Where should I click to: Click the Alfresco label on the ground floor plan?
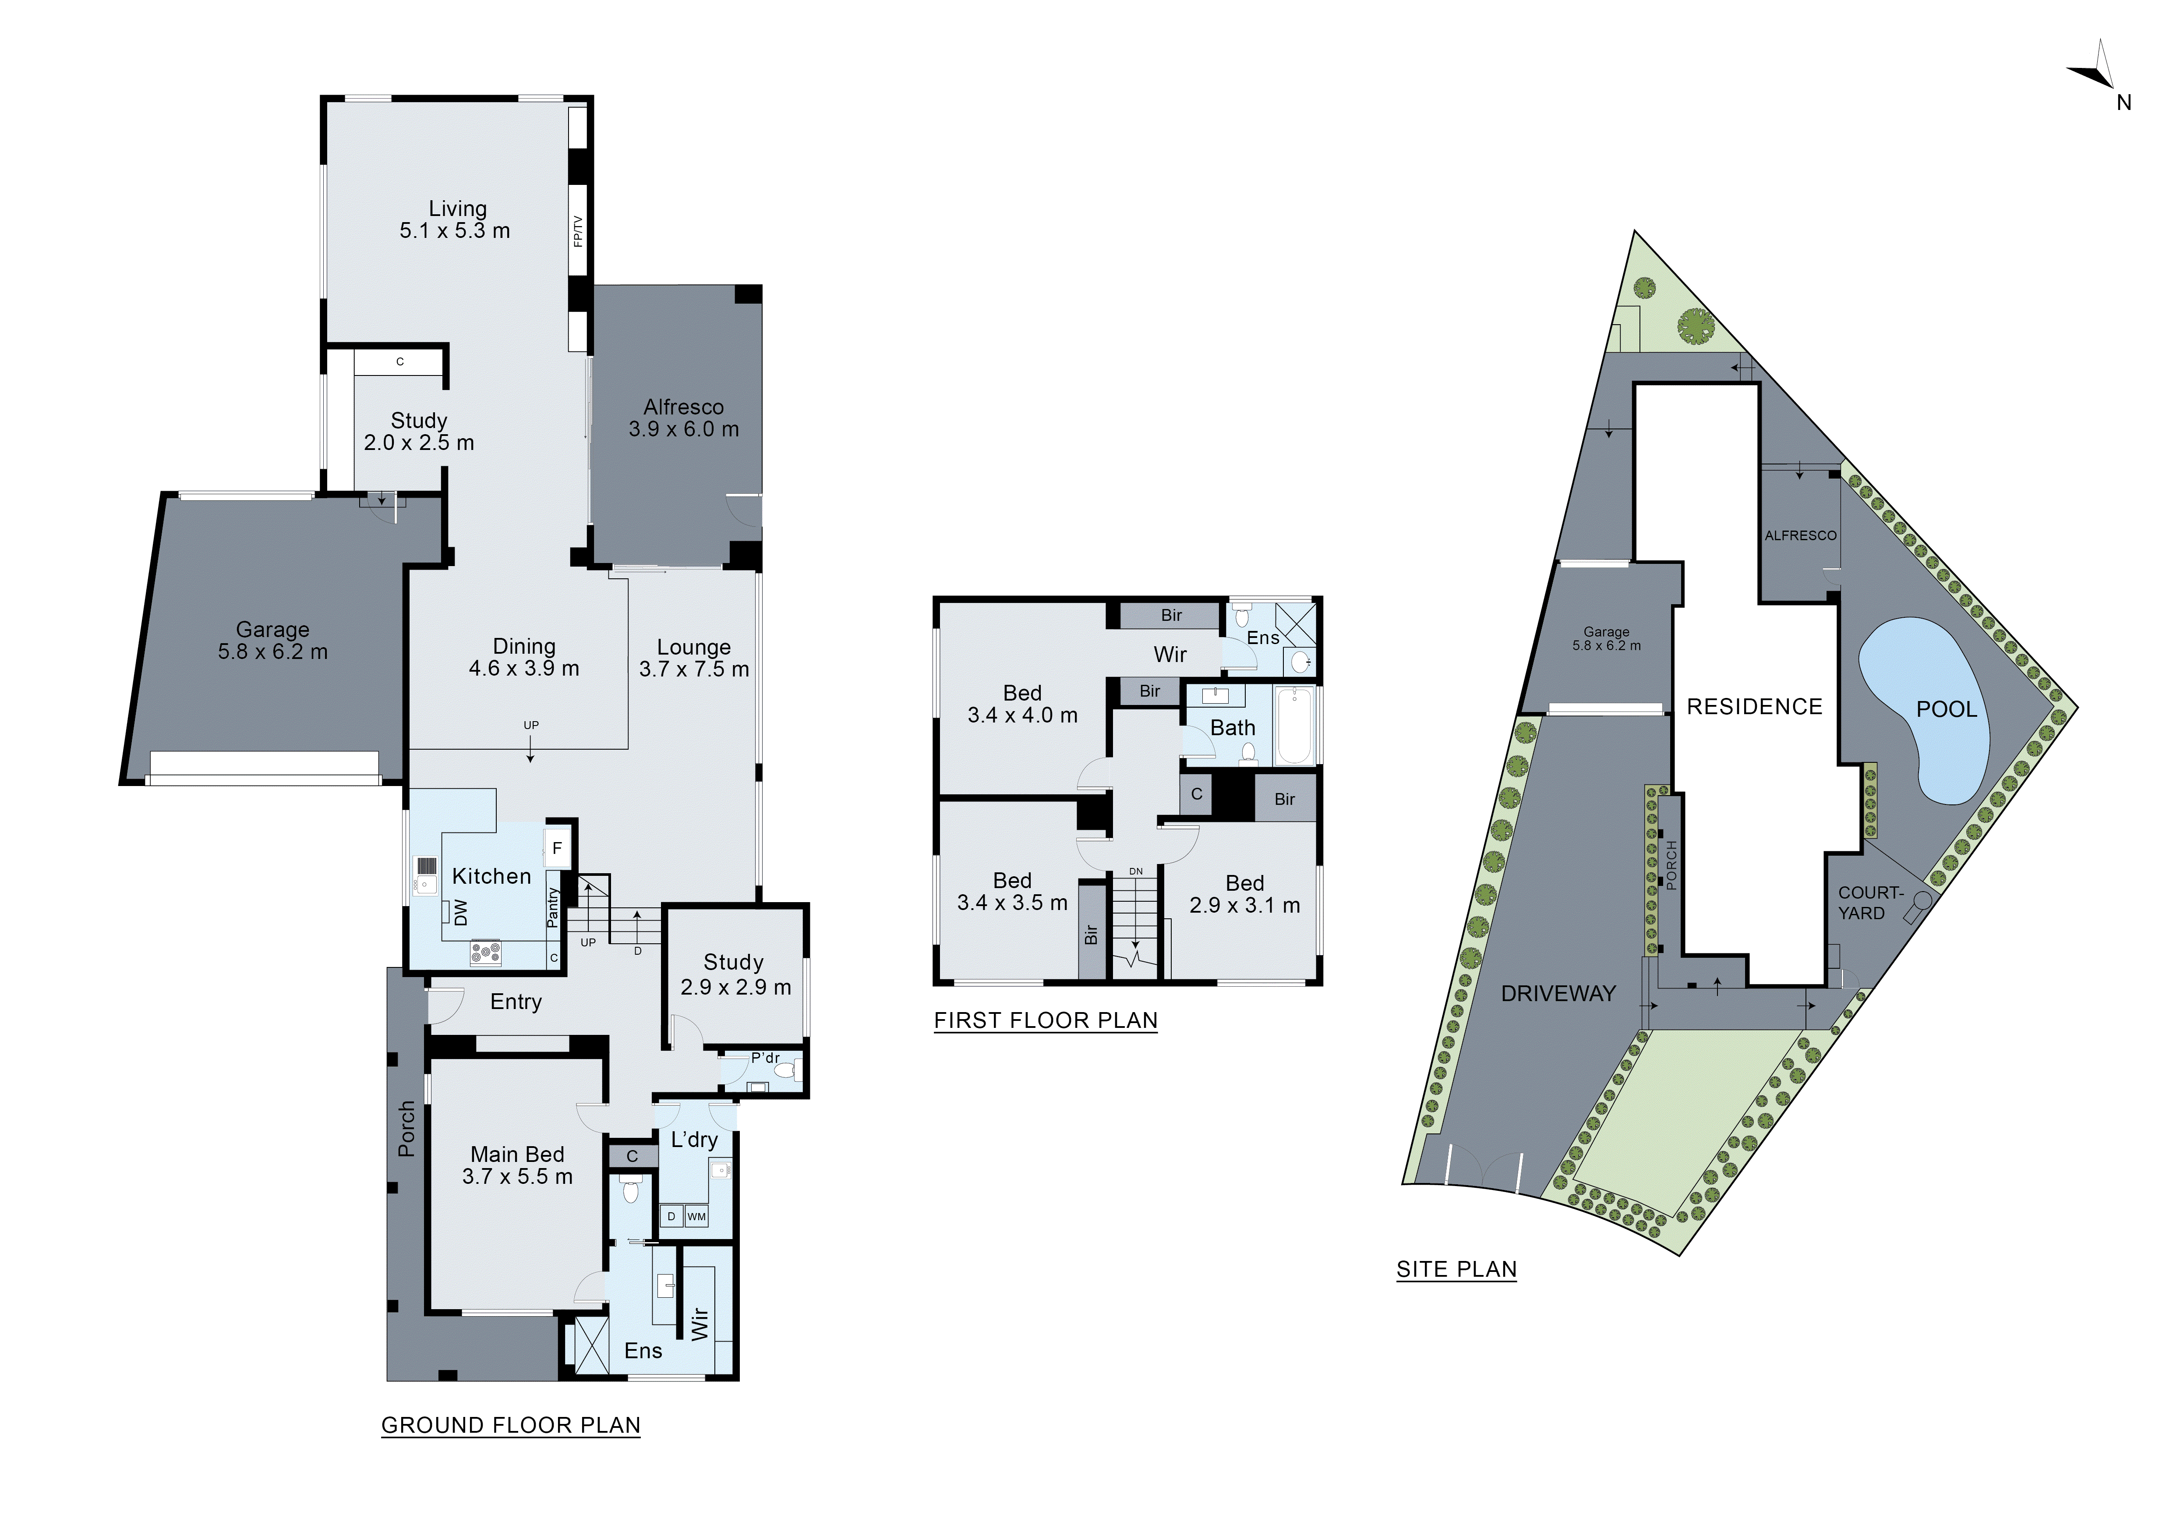pyautogui.click(x=683, y=407)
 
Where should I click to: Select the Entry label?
pyautogui.click(x=516, y=1001)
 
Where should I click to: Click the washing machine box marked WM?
pyautogui.click(x=696, y=1216)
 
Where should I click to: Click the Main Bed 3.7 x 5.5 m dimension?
pyautogui.click(x=518, y=1176)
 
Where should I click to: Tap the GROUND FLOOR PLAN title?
pyautogui.click(x=510, y=1425)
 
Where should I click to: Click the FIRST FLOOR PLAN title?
pyautogui.click(x=1046, y=1020)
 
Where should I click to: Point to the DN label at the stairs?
pyautogui.click(x=1136, y=871)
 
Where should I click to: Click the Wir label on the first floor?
pyautogui.click(x=1170, y=654)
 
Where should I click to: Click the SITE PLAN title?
pyautogui.click(x=1456, y=1269)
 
